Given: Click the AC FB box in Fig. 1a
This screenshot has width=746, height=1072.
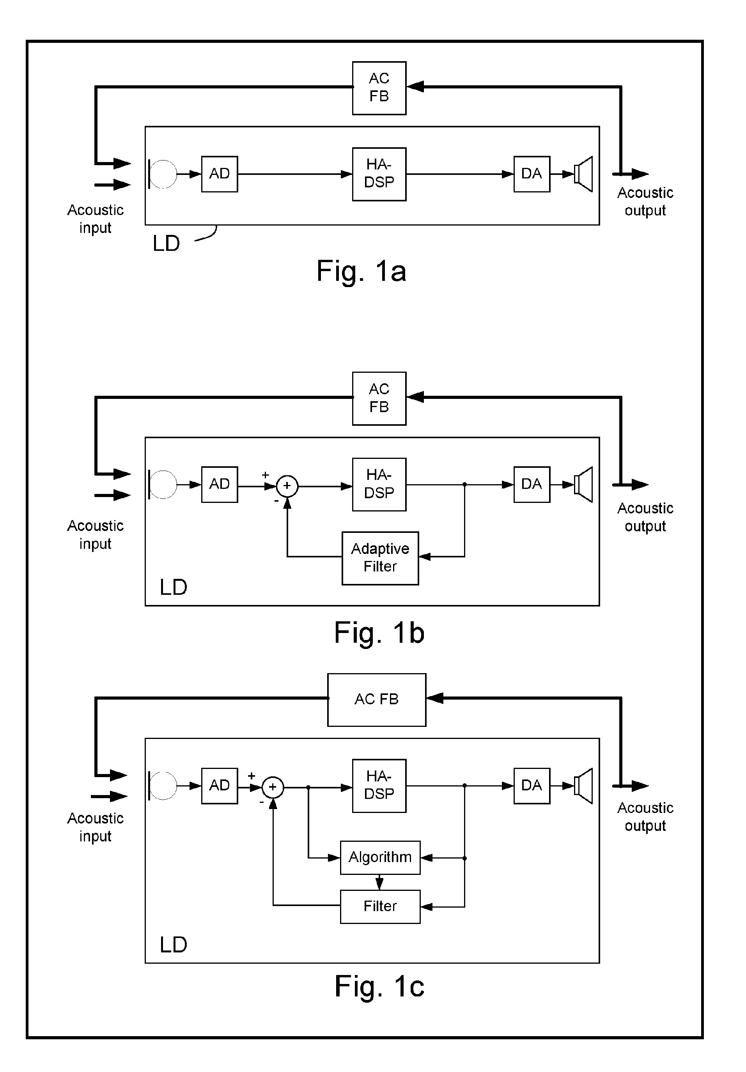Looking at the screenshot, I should pyautogui.click(x=379, y=88).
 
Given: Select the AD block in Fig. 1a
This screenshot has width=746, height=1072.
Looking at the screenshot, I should pyautogui.click(x=219, y=174).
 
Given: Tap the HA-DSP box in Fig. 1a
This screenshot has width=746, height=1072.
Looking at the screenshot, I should pyautogui.click(x=379, y=174).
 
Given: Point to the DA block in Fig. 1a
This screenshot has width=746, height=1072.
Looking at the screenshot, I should pyautogui.click(x=532, y=174).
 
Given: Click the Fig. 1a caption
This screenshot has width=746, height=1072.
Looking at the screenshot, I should pyautogui.click(x=361, y=271).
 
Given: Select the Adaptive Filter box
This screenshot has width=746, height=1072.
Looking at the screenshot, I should pyautogui.click(x=380, y=558).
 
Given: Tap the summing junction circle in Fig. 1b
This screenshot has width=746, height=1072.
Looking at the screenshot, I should pyautogui.click(x=287, y=486).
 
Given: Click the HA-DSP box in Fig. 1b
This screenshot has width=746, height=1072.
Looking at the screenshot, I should pyautogui.click(x=379, y=485).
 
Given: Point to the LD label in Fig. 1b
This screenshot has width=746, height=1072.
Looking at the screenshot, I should pyautogui.click(x=174, y=587).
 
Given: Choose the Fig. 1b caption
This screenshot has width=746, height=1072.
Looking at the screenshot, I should pyautogui.click(x=379, y=633).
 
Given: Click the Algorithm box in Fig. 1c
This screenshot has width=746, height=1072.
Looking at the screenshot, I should pyautogui.click(x=380, y=858).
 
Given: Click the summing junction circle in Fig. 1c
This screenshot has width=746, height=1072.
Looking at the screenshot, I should pyautogui.click(x=273, y=788).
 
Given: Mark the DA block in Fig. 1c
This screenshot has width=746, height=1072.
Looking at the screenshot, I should pyautogui.click(x=532, y=786).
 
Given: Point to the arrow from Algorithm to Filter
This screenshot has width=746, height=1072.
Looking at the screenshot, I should pyautogui.click(x=379, y=882).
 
